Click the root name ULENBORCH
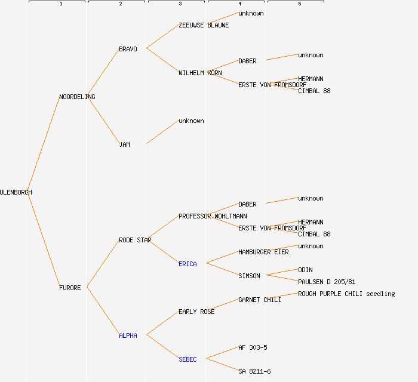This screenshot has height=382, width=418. tap(16, 192)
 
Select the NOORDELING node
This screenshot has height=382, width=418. tap(77, 97)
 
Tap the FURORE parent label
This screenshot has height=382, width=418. tap(70, 288)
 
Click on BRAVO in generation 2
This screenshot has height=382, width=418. tap(128, 49)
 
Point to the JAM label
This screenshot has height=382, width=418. tap(124, 144)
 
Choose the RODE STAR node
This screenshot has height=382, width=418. tap(135, 240)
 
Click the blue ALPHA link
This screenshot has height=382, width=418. tap(128, 335)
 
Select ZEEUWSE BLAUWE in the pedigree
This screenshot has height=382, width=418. tap(204, 25)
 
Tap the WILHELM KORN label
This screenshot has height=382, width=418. tap(200, 73)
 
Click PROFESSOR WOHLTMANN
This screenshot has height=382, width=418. tap(213, 216)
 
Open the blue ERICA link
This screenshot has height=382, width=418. tap(188, 264)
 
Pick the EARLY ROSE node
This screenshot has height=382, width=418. tap(196, 312)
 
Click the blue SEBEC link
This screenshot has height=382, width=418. tap(188, 359)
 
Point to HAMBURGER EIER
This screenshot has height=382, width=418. tap(263, 252)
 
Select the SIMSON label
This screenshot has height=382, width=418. tap(249, 276)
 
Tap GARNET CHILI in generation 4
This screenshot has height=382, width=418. tap(260, 300)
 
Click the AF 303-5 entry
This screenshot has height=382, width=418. tap(253, 347)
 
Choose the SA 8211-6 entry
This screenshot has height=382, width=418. tap(254, 371)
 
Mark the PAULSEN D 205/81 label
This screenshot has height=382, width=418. tap(327, 282)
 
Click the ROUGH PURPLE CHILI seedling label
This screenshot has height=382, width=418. tap(346, 294)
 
